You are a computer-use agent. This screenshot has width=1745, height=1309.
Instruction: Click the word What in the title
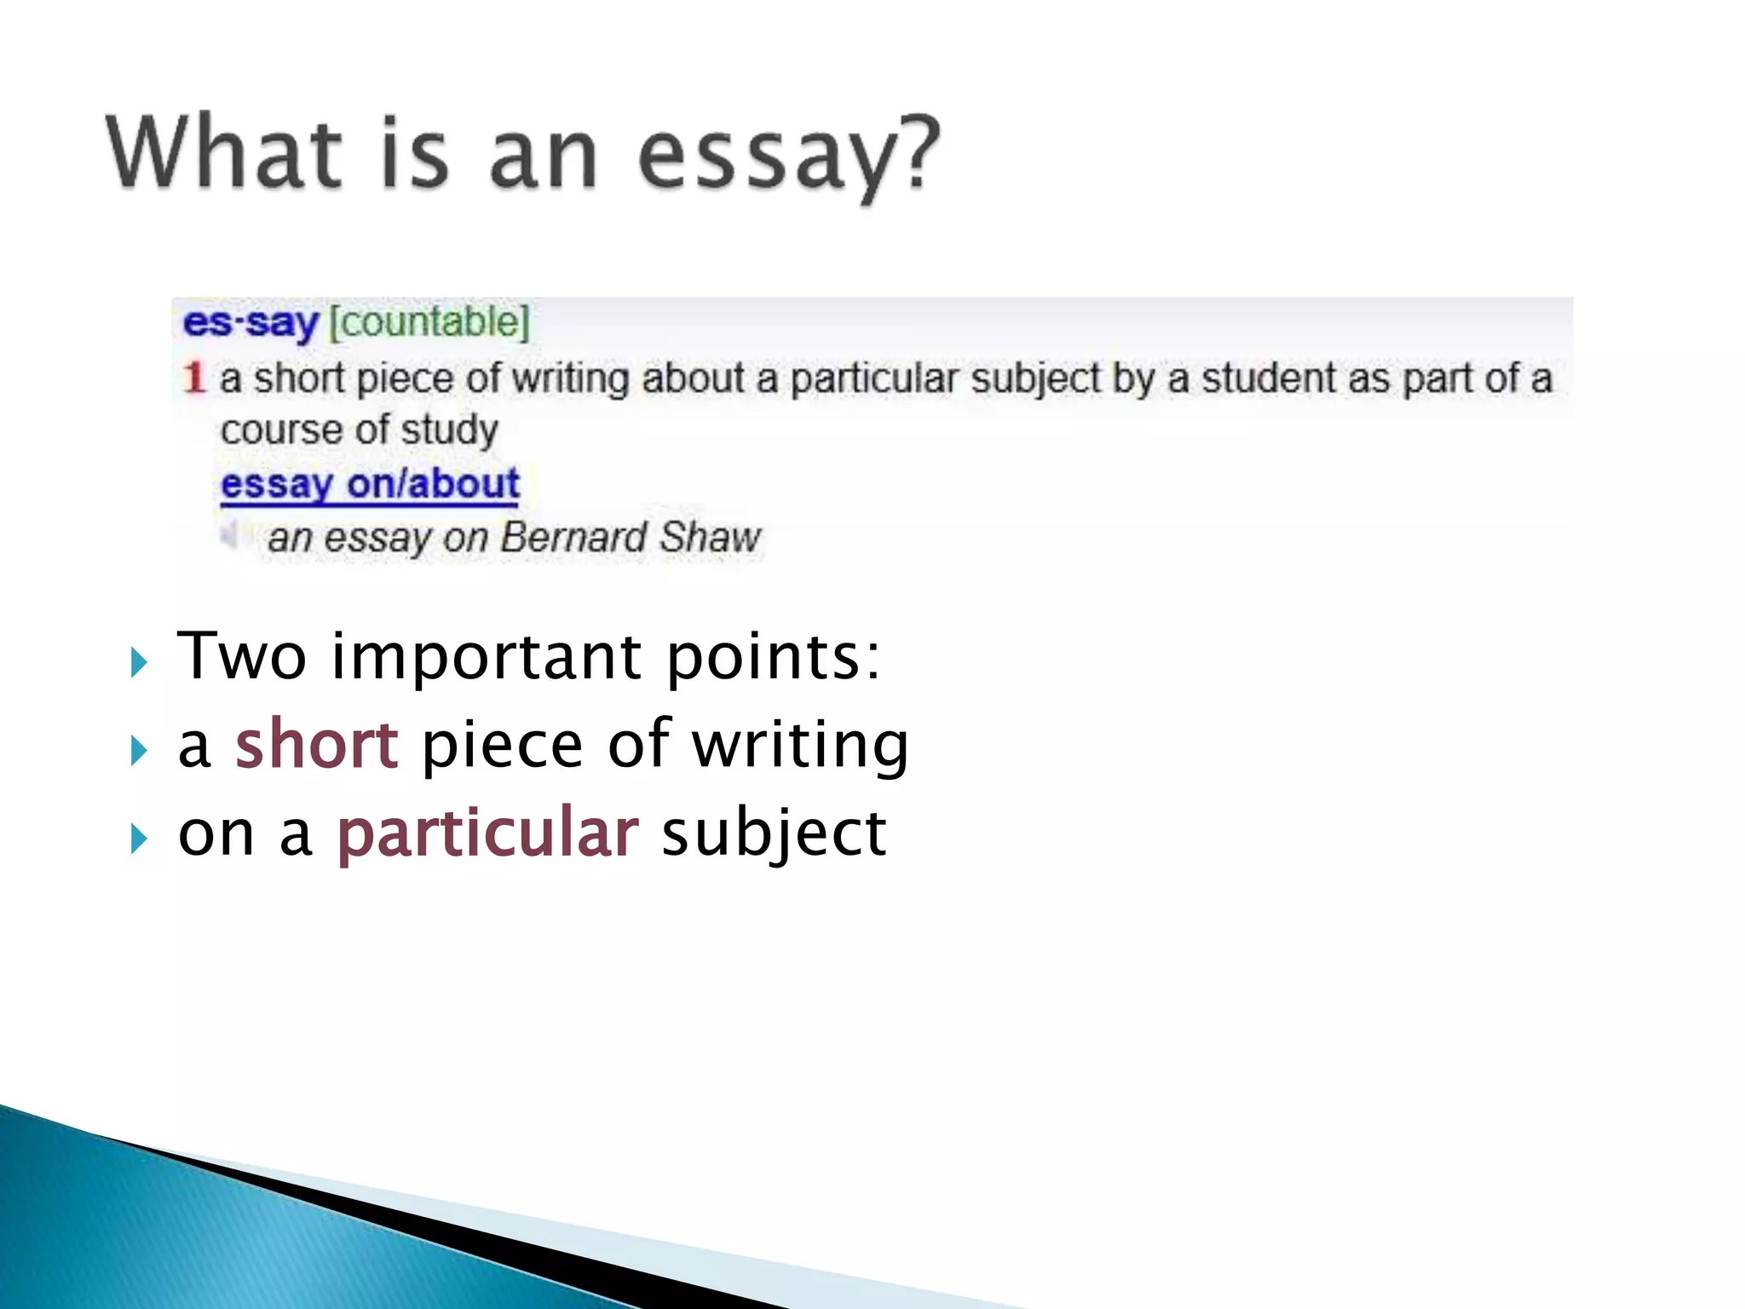coord(224,153)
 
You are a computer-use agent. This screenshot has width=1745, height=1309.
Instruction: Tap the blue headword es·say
coord(251,322)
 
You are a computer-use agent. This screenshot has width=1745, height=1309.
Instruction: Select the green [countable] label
coord(429,322)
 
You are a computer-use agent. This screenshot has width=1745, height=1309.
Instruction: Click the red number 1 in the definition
coord(194,378)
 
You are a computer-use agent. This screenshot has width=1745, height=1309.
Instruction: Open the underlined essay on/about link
coord(370,484)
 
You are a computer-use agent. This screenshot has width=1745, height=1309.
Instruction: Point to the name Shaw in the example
coord(710,537)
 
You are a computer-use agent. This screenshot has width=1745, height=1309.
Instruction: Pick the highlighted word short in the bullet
coord(316,744)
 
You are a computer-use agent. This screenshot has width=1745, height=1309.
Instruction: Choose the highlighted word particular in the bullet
coord(487,833)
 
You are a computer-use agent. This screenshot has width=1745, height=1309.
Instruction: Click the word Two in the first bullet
coord(241,656)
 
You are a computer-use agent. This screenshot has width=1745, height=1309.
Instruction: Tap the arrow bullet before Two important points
coord(139,662)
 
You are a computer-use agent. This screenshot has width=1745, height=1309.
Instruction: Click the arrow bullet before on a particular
coord(139,839)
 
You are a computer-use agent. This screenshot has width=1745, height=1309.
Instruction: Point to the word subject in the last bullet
coord(774,833)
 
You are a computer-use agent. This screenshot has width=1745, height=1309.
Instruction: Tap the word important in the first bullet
coord(487,658)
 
